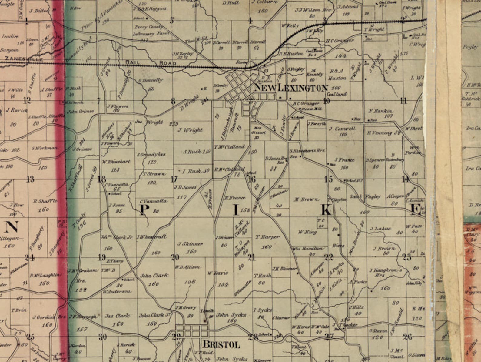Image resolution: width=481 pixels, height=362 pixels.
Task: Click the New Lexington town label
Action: coord(291,88)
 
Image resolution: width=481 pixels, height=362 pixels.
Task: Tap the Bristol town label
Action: coord(221,344)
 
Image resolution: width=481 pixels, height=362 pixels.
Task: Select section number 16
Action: coord(252,179)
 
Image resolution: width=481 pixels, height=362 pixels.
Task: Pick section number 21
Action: coord(251,258)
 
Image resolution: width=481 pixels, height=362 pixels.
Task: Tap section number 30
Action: coord(103,337)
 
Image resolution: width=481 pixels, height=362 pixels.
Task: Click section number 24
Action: coord(30,258)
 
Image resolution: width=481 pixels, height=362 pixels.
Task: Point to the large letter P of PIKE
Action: coord(143,210)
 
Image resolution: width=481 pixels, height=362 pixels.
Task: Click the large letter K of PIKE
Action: coord(326,210)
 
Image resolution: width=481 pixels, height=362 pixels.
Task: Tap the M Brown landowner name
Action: coord(306,199)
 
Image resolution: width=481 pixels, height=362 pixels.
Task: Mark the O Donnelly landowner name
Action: coord(151,81)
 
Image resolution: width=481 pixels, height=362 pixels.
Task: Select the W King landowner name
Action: coord(307,232)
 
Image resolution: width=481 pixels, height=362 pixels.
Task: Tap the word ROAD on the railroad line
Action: coord(168,63)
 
